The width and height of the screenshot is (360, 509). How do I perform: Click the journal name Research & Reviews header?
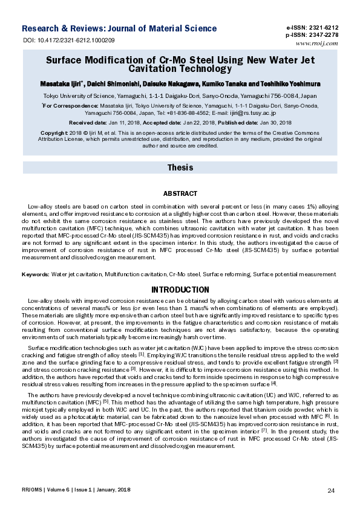119,28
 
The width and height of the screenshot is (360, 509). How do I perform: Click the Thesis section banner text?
180,167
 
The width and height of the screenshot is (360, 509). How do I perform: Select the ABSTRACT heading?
180,193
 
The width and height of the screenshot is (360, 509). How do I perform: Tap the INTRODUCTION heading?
180,290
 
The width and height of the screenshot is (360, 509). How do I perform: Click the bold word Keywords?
35,274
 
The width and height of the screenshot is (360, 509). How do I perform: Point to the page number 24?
330,490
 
